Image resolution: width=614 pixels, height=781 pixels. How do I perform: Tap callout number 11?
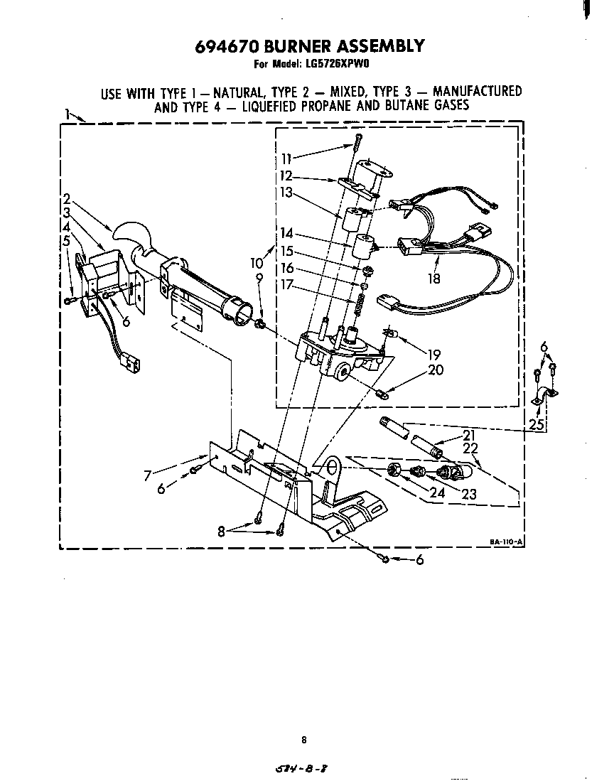click(287, 159)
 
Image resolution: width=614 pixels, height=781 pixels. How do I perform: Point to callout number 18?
click(433, 278)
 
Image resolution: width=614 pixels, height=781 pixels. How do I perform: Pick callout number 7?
click(147, 475)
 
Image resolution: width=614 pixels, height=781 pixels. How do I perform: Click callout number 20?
click(435, 369)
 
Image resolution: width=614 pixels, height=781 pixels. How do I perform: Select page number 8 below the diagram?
click(303, 740)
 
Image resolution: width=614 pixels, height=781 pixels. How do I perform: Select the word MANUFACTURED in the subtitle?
click(477, 92)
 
